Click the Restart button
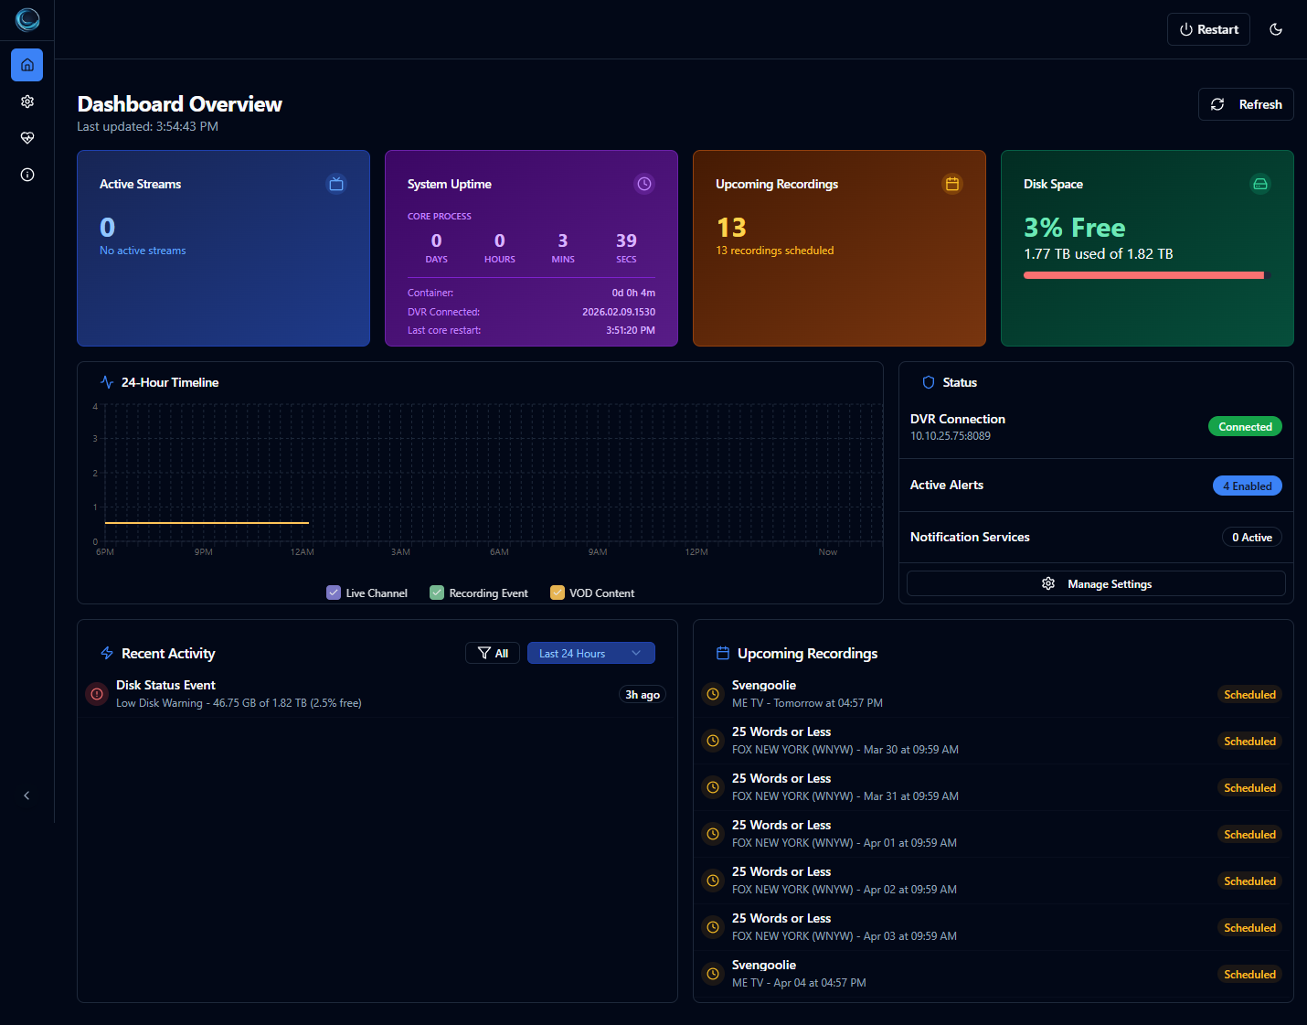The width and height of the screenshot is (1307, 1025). click(1208, 29)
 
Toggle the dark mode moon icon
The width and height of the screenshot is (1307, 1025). click(1276, 29)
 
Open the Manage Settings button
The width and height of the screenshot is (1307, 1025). click(1096, 583)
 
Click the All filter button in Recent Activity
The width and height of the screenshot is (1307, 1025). click(493, 653)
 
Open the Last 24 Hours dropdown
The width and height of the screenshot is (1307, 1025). click(590, 653)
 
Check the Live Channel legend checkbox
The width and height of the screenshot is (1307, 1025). click(334, 593)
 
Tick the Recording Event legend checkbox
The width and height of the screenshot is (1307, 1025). click(437, 593)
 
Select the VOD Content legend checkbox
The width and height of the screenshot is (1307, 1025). click(558, 593)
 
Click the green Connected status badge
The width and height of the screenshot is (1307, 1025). click(1245, 427)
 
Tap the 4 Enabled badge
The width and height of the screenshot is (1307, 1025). click(1247, 486)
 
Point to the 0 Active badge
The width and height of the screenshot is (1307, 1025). click(1251, 537)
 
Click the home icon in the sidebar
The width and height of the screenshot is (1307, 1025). click(27, 65)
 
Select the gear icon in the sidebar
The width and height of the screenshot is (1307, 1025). click(27, 101)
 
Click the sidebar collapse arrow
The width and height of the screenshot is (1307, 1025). click(27, 795)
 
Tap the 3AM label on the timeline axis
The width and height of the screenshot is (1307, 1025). click(400, 552)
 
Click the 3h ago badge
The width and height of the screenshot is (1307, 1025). click(643, 695)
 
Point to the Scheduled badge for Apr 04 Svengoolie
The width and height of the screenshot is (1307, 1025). click(1249, 974)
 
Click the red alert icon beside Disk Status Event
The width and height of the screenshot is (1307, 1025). click(97, 694)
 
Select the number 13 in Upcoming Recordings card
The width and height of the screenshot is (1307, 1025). click(731, 227)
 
